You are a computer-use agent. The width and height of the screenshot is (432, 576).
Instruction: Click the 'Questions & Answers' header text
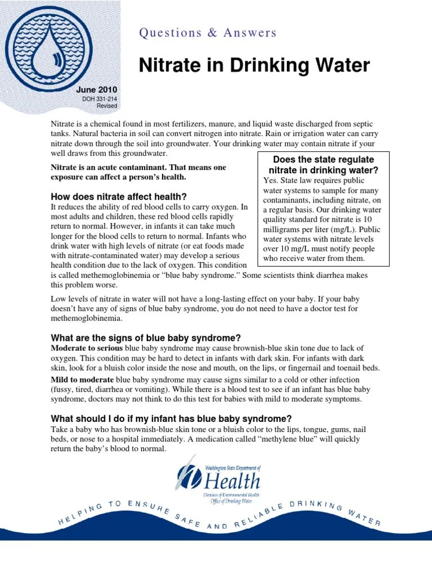click(x=208, y=33)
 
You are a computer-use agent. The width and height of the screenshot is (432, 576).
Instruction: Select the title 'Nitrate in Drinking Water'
click(x=254, y=66)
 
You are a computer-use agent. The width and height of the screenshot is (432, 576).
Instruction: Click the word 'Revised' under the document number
click(x=107, y=106)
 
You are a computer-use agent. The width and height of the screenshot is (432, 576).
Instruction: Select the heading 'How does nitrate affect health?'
click(x=119, y=197)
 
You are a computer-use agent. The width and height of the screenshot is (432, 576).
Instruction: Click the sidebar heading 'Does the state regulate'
click(x=323, y=160)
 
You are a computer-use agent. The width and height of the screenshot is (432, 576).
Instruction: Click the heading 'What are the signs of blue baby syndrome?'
click(x=146, y=338)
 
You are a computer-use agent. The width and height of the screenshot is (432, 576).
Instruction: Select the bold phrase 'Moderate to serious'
click(x=87, y=348)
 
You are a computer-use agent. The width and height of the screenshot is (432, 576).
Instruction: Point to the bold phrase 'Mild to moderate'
click(x=82, y=379)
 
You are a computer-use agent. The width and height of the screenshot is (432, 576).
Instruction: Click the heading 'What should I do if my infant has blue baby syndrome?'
click(x=171, y=418)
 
